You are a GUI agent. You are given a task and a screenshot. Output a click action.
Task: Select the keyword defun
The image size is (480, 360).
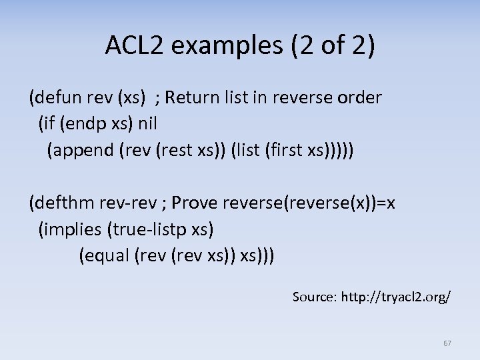point(57,98)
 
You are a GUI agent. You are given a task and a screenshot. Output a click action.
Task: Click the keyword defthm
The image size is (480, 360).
point(64,203)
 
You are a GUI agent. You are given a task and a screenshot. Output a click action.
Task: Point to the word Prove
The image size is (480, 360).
point(195,203)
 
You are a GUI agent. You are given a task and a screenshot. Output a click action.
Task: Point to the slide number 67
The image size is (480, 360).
point(447,343)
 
